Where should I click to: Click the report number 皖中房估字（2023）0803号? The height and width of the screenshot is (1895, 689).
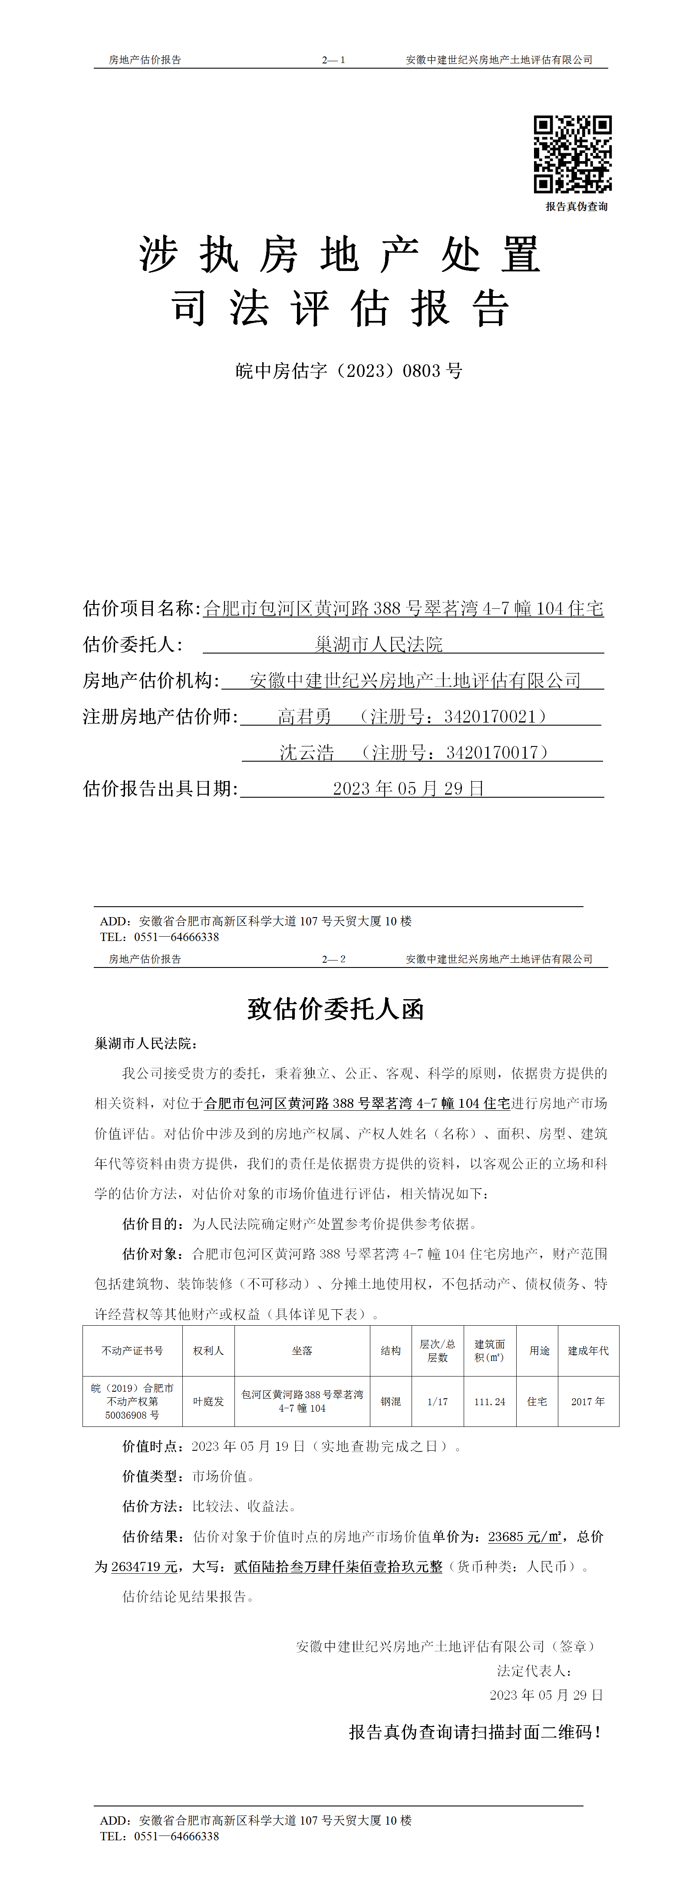pyautogui.click(x=349, y=371)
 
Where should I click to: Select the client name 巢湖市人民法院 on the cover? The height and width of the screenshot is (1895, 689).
pyautogui.click(x=379, y=644)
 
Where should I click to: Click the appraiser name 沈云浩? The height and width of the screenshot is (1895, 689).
pyautogui.click(x=307, y=752)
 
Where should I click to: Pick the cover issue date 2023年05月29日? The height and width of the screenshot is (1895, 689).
pyautogui.click(x=408, y=788)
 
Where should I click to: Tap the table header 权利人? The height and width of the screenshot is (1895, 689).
pyautogui.click(x=208, y=1350)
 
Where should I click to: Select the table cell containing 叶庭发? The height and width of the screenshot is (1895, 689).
pyautogui.click(x=208, y=1401)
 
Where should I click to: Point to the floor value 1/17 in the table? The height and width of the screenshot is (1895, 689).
pyautogui.click(x=438, y=1401)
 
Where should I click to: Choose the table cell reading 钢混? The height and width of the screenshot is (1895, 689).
pyautogui.click(x=390, y=1401)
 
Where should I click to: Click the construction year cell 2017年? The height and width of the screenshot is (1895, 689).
pyautogui.click(x=587, y=1401)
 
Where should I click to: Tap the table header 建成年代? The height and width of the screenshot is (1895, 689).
pyautogui.click(x=587, y=1350)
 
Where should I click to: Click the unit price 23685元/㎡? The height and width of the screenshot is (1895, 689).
pyautogui.click(x=525, y=1537)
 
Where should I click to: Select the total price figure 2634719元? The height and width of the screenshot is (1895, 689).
pyautogui.click(x=144, y=1567)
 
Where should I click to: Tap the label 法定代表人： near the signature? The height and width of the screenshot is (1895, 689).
pyautogui.click(x=534, y=1671)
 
